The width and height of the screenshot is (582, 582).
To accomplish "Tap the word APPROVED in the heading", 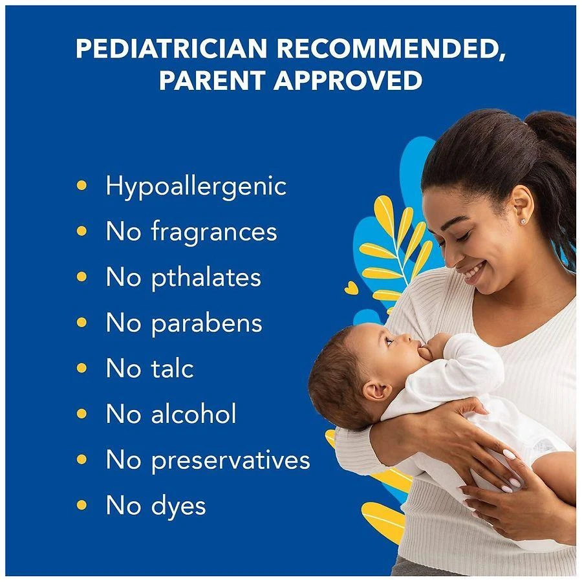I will [348, 81].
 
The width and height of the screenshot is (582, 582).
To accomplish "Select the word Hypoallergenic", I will [195, 186].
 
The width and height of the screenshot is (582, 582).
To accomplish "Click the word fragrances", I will [214, 232].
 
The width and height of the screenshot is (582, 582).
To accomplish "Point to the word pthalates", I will [206, 278].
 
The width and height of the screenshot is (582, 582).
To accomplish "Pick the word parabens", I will [207, 323].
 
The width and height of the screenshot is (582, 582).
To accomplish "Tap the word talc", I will [172, 369].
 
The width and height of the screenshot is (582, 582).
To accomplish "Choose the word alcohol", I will [194, 414].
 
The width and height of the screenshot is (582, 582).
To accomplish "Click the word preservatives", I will [231, 460].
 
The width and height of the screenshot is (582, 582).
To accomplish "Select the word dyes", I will [178, 506].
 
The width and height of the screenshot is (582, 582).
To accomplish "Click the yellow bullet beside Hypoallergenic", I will [81, 186].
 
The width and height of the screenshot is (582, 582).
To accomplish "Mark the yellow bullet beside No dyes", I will [81, 505].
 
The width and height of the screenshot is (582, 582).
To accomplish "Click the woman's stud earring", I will [522, 221].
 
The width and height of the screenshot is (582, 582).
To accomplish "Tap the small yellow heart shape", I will [351, 288].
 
